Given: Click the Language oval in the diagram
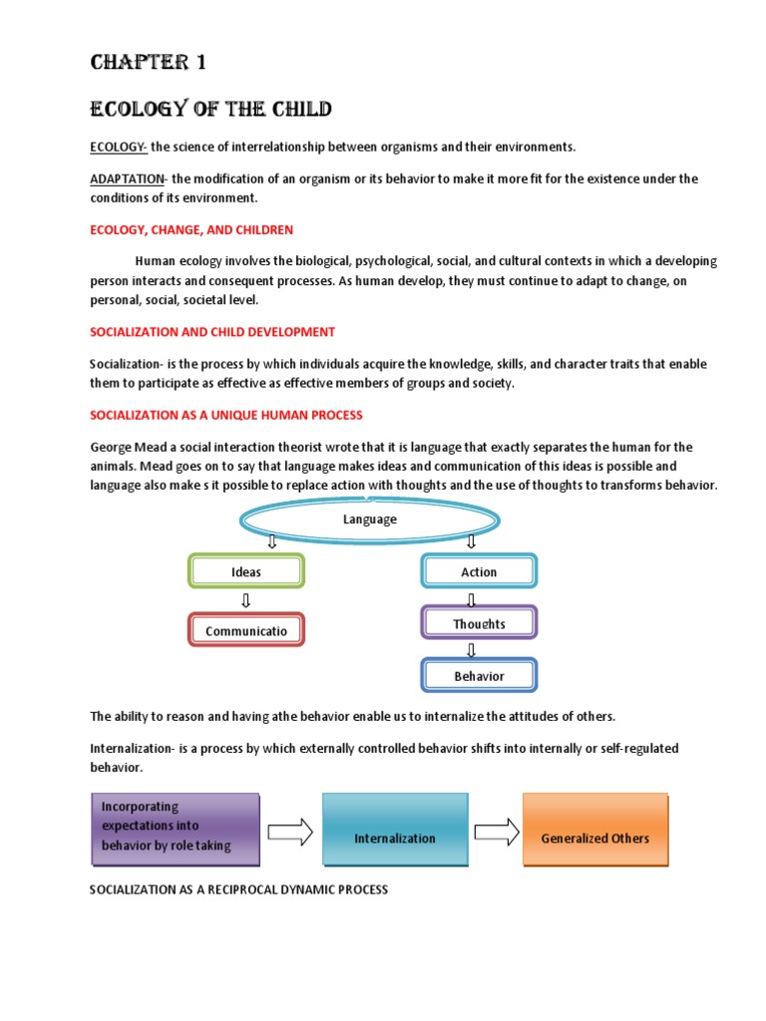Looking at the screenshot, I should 369,519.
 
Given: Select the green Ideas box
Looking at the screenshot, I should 246,571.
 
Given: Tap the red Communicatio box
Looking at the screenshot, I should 246,630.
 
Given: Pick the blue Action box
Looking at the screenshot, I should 479,571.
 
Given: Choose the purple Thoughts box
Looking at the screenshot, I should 479,624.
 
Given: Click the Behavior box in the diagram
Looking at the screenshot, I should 479,675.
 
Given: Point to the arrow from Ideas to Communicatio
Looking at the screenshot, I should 246,600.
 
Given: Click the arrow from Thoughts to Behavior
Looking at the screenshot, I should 472,648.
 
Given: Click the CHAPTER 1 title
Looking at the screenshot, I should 149,63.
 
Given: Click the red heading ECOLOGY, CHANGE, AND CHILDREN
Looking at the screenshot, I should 191,229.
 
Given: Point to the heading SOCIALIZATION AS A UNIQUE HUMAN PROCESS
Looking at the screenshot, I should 226,414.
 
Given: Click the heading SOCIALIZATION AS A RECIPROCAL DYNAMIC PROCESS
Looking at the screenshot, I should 238,889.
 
